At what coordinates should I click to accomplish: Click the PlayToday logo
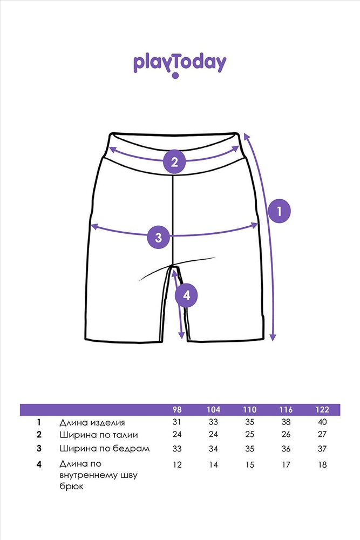(180, 65)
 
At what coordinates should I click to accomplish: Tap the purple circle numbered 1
(279, 211)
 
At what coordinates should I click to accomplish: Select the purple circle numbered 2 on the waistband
(174, 161)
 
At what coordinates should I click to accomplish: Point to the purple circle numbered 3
(158, 237)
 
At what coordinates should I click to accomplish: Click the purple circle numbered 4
(186, 295)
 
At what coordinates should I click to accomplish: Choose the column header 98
(177, 409)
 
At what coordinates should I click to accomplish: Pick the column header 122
(322, 409)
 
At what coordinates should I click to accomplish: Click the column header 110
(249, 409)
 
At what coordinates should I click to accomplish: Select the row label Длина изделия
(92, 423)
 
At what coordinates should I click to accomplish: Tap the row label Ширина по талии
(98, 435)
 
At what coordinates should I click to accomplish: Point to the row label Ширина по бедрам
(105, 449)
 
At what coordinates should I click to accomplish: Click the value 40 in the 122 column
(322, 422)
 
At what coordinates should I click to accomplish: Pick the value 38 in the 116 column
(286, 422)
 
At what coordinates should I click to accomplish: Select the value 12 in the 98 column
(177, 464)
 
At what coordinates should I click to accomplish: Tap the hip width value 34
(213, 449)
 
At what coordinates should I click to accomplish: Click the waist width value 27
(322, 434)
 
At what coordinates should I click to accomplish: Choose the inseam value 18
(322, 464)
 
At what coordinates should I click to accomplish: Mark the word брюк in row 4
(71, 487)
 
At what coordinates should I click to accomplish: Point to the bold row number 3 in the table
(39, 448)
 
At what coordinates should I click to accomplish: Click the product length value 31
(177, 422)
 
